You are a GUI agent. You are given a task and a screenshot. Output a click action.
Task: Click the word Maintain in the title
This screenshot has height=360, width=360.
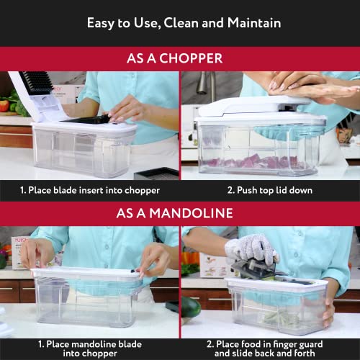[248, 22]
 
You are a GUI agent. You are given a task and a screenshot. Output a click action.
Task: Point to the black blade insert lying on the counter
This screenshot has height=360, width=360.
[158, 174]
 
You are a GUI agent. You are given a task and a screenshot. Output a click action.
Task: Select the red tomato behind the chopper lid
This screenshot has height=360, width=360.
[4, 107]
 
